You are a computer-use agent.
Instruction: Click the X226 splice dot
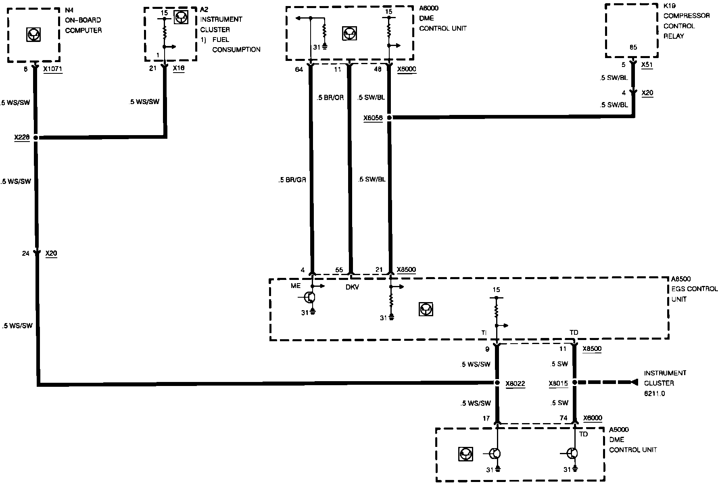35,138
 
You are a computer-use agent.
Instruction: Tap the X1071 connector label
53,69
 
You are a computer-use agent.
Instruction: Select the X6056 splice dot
389,118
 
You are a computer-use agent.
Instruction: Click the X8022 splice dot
497,383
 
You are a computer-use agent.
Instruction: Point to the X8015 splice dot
575,382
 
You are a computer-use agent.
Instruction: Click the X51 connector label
647,65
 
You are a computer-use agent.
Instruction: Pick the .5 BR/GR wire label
292,180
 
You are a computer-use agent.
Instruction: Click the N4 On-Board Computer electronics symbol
33,35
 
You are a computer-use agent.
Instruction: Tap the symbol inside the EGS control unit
426,309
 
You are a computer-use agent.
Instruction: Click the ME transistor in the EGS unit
309,298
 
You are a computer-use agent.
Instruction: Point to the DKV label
352,287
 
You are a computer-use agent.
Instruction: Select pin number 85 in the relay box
633,47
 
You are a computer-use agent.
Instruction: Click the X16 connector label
178,69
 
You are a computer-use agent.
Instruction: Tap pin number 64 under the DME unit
298,69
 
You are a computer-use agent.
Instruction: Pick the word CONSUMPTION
236,50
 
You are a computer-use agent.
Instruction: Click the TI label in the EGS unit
484,333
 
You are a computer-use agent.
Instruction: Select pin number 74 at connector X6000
563,418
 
